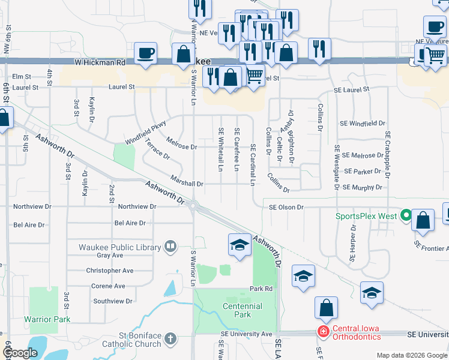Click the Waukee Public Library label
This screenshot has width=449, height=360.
coord(119,247)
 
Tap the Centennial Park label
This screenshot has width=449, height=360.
coord(241,310)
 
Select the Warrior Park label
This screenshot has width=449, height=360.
coord(47,319)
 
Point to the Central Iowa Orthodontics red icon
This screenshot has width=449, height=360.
coord(323,331)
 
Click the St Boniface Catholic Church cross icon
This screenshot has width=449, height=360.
coord(170,339)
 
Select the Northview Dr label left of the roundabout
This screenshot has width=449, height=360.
coord(137,206)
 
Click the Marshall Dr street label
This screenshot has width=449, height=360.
coord(187,184)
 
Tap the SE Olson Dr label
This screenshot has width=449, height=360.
coord(288,206)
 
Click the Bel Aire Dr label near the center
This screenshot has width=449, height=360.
coord(130,223)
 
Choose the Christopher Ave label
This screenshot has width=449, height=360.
coord(109,271)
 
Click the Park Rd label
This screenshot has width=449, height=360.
coord(261,289)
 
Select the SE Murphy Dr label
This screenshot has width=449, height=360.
coord(362,187)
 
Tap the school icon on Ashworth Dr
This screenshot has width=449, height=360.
coord(239,245)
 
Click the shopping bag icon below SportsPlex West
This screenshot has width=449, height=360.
coord(423,220)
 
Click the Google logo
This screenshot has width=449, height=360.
coord(20,353)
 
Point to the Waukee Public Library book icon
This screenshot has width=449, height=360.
coord(170,247)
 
